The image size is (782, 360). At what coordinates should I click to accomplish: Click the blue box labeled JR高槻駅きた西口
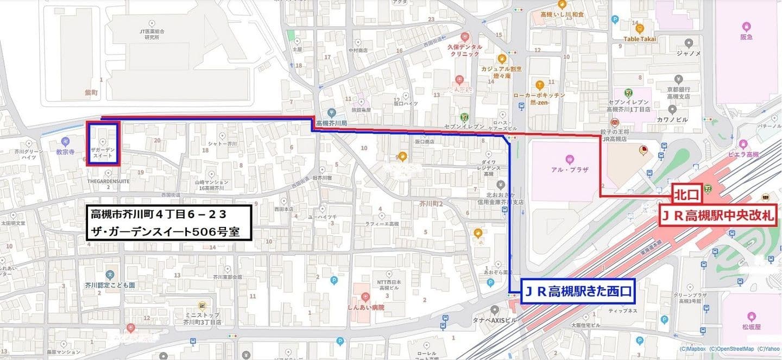tap(579, 292)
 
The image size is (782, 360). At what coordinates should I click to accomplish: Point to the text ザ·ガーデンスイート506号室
tap(169, 231)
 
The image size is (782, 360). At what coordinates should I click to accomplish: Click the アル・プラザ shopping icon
tap(569, 159)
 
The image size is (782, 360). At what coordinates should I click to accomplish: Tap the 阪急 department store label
tap(746, 37)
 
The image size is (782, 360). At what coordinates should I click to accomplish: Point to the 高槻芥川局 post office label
tap(330, 123)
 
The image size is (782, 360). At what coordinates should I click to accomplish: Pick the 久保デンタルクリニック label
tap(465, 50)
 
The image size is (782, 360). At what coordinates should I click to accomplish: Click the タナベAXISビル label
tap(494, 320)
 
